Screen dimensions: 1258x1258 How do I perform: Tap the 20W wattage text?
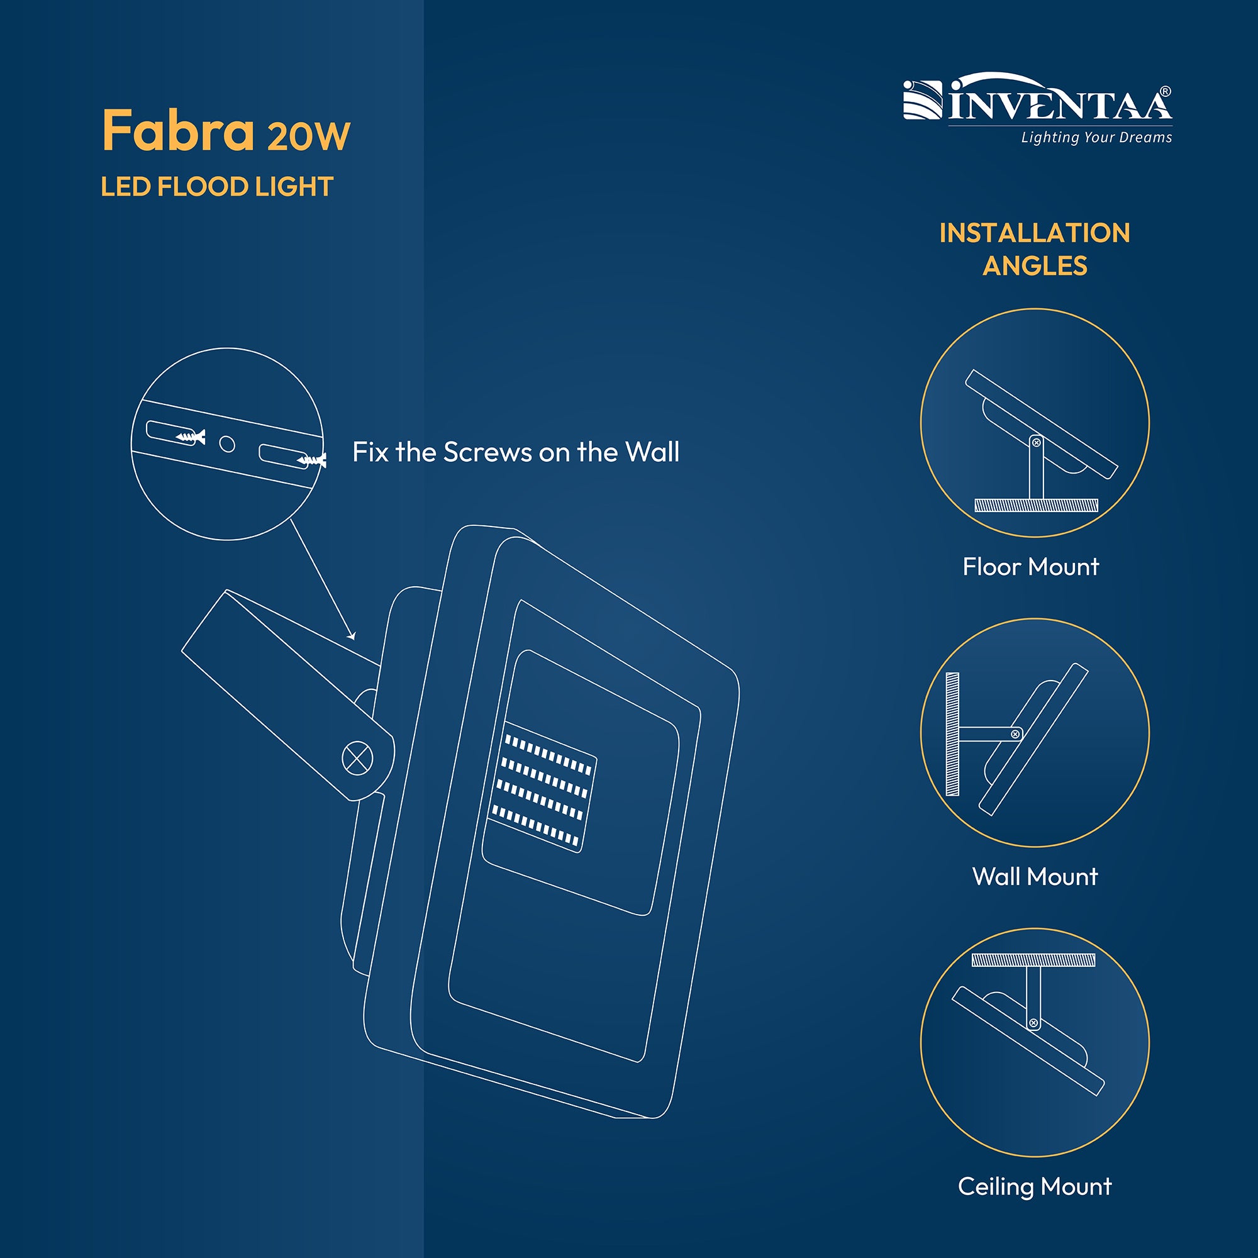click(309, 136)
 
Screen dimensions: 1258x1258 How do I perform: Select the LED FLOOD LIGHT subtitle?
click(217, 187)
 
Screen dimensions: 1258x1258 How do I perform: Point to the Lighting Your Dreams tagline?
click(1096, 137)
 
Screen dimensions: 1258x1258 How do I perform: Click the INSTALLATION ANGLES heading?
click(1035, 249)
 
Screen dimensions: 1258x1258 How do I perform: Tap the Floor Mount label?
click(1031, 567)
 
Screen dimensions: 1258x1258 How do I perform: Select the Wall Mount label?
click(1035, 876)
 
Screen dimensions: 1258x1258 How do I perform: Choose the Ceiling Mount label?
click(1035, 1186)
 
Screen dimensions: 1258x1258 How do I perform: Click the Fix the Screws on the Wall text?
click(516, 452)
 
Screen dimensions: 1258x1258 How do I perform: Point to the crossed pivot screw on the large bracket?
click(357, 759)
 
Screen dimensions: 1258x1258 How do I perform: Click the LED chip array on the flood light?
click(542, 788)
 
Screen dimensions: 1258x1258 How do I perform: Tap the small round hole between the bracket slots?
click(226, 444)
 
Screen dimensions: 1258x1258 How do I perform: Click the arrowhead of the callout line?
click(352, 635)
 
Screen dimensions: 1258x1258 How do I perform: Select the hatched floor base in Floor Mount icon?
click(1036, 504)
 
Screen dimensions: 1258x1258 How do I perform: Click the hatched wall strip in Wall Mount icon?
click(952, 734)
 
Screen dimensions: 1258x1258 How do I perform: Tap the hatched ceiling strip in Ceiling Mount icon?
click(1033, 960)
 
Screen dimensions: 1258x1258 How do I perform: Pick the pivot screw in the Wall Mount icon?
click(1015, 735)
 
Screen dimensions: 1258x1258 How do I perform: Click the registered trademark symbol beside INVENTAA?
click(1166, 92)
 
